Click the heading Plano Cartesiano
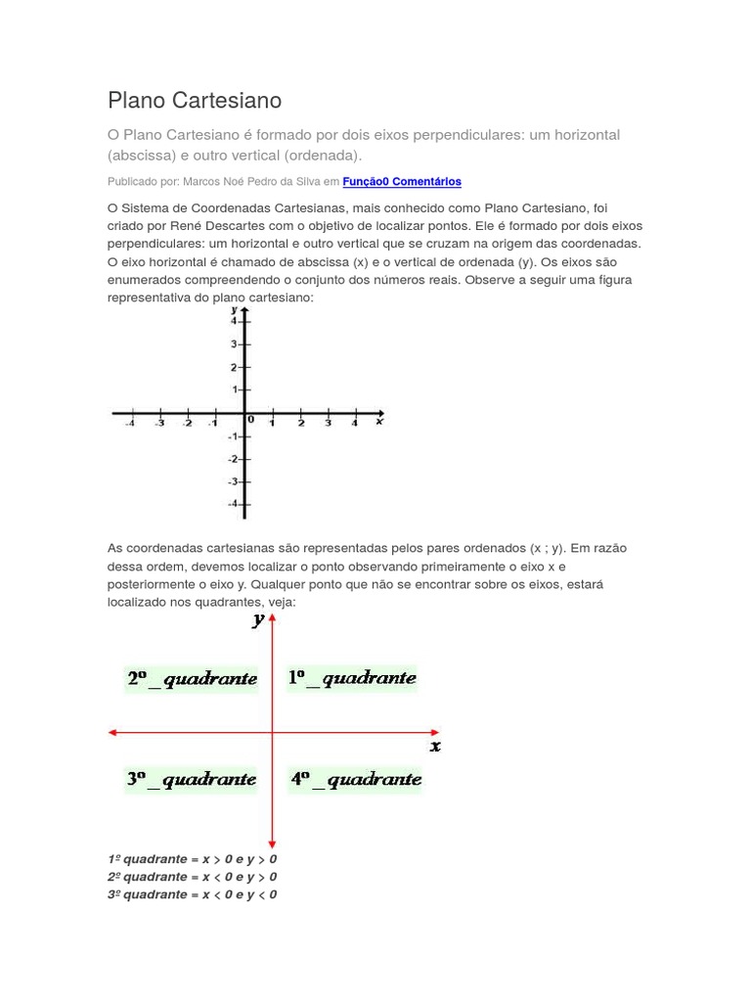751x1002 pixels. (x=195, y=100)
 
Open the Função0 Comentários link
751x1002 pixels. (x=402, y=181)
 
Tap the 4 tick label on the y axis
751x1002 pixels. (x=235, y=321)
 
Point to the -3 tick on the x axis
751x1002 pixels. (x=159, y=423)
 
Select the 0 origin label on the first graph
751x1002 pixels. (x=251, y=419)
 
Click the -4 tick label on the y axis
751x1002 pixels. (x=233, y=504)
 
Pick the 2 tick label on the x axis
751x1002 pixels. (x=300, y=423)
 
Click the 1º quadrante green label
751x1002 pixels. (x=352, y=677)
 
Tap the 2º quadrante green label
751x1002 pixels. (x=192, y=678)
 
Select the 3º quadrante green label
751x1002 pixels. (x=192, y=779)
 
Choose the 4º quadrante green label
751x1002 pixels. (x=356, y=779)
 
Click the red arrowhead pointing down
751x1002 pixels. (x=273, y=843)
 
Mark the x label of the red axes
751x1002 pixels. (x=435, y=747)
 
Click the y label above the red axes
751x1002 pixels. (x=258, y=619)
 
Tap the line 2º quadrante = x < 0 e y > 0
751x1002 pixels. (x=192, y=877)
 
